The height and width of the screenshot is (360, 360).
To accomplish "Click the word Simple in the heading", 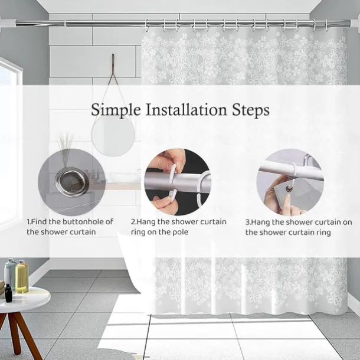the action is point(116,110).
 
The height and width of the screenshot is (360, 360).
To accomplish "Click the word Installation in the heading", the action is point(186,110).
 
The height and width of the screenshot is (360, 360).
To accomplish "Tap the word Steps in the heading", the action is point(250,110).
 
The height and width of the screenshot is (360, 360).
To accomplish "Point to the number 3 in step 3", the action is point(247,222).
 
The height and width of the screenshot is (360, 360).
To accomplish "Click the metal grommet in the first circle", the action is point(72,182).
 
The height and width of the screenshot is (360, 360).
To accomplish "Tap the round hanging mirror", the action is point(113,136).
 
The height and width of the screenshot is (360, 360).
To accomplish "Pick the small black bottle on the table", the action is point(8,293).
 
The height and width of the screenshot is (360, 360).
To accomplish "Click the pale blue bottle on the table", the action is point(10,273).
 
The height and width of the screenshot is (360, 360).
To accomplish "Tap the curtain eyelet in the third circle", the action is point(289,189).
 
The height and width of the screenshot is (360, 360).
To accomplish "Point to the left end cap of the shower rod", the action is point(8,23).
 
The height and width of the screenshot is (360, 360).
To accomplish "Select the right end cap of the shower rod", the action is point(352,23).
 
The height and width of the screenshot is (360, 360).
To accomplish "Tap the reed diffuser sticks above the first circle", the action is point(65,143).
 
